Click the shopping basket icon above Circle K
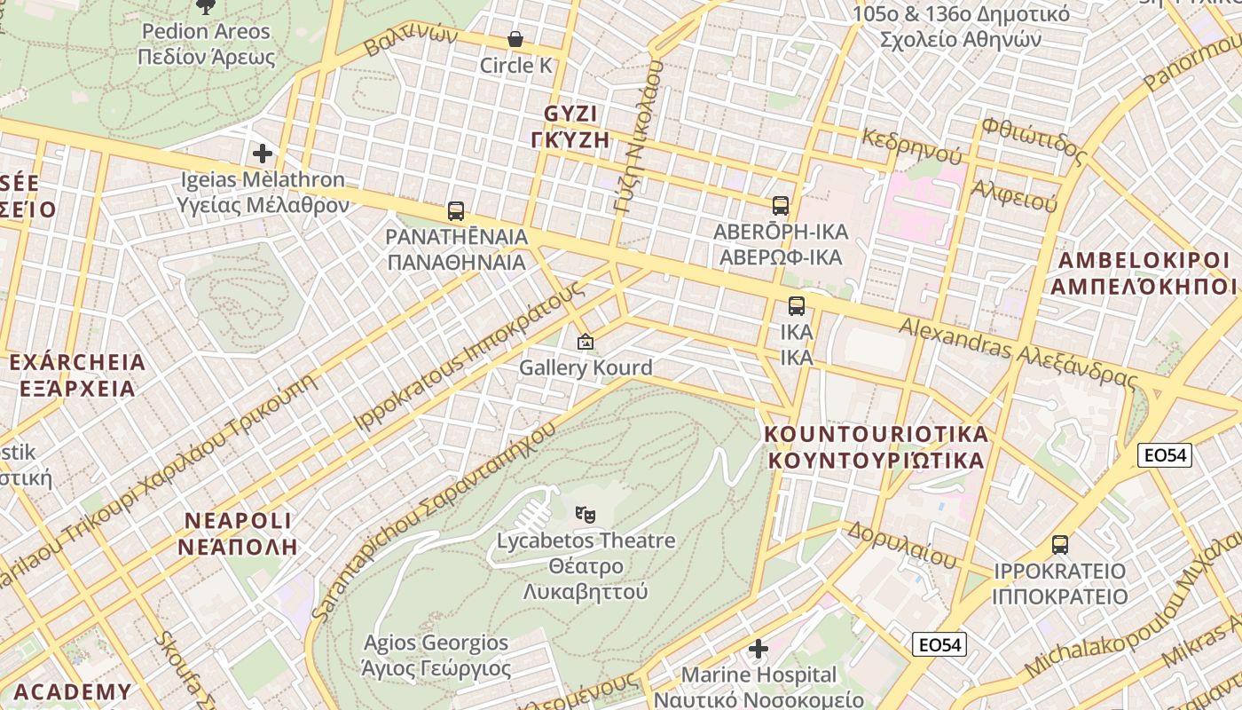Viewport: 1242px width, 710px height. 515,39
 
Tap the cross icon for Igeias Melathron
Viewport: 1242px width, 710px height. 262,154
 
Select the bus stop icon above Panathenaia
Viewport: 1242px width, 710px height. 456,211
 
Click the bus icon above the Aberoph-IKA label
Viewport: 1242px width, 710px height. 781,206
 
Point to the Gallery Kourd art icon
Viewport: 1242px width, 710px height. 586,342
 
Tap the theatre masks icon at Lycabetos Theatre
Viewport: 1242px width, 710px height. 585,514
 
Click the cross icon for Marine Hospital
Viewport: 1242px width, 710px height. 759,650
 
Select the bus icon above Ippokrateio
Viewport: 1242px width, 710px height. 1059,545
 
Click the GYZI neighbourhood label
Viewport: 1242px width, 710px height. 570,127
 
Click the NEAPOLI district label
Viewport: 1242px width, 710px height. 238,533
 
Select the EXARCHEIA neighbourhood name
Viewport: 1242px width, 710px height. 77,375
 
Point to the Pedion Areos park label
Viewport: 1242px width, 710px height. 206,44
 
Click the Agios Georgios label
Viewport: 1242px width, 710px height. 436,655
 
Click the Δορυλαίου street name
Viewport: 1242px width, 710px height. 901,544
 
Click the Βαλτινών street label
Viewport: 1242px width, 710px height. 411,41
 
